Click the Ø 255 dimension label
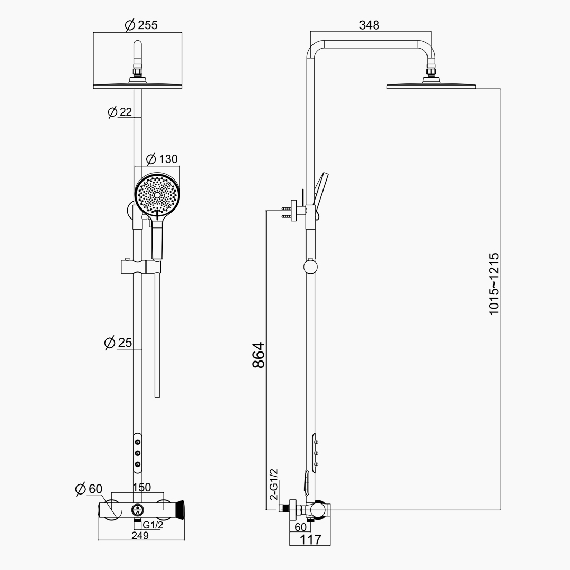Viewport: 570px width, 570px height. click(141, 25)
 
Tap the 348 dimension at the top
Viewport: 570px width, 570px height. click(369, 25)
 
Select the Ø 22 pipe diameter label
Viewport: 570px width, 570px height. click(120, 111)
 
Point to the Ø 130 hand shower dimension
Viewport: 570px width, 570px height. click(162, 159)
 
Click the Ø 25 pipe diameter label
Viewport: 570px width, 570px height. click(118, 343)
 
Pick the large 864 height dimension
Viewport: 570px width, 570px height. click(259, 355)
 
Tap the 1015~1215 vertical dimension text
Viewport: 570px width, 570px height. click(493, 284)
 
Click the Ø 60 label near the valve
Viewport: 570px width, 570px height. click(89, 489)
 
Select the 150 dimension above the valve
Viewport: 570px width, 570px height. click(141, 487)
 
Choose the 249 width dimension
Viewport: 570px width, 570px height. click(140, 536)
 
